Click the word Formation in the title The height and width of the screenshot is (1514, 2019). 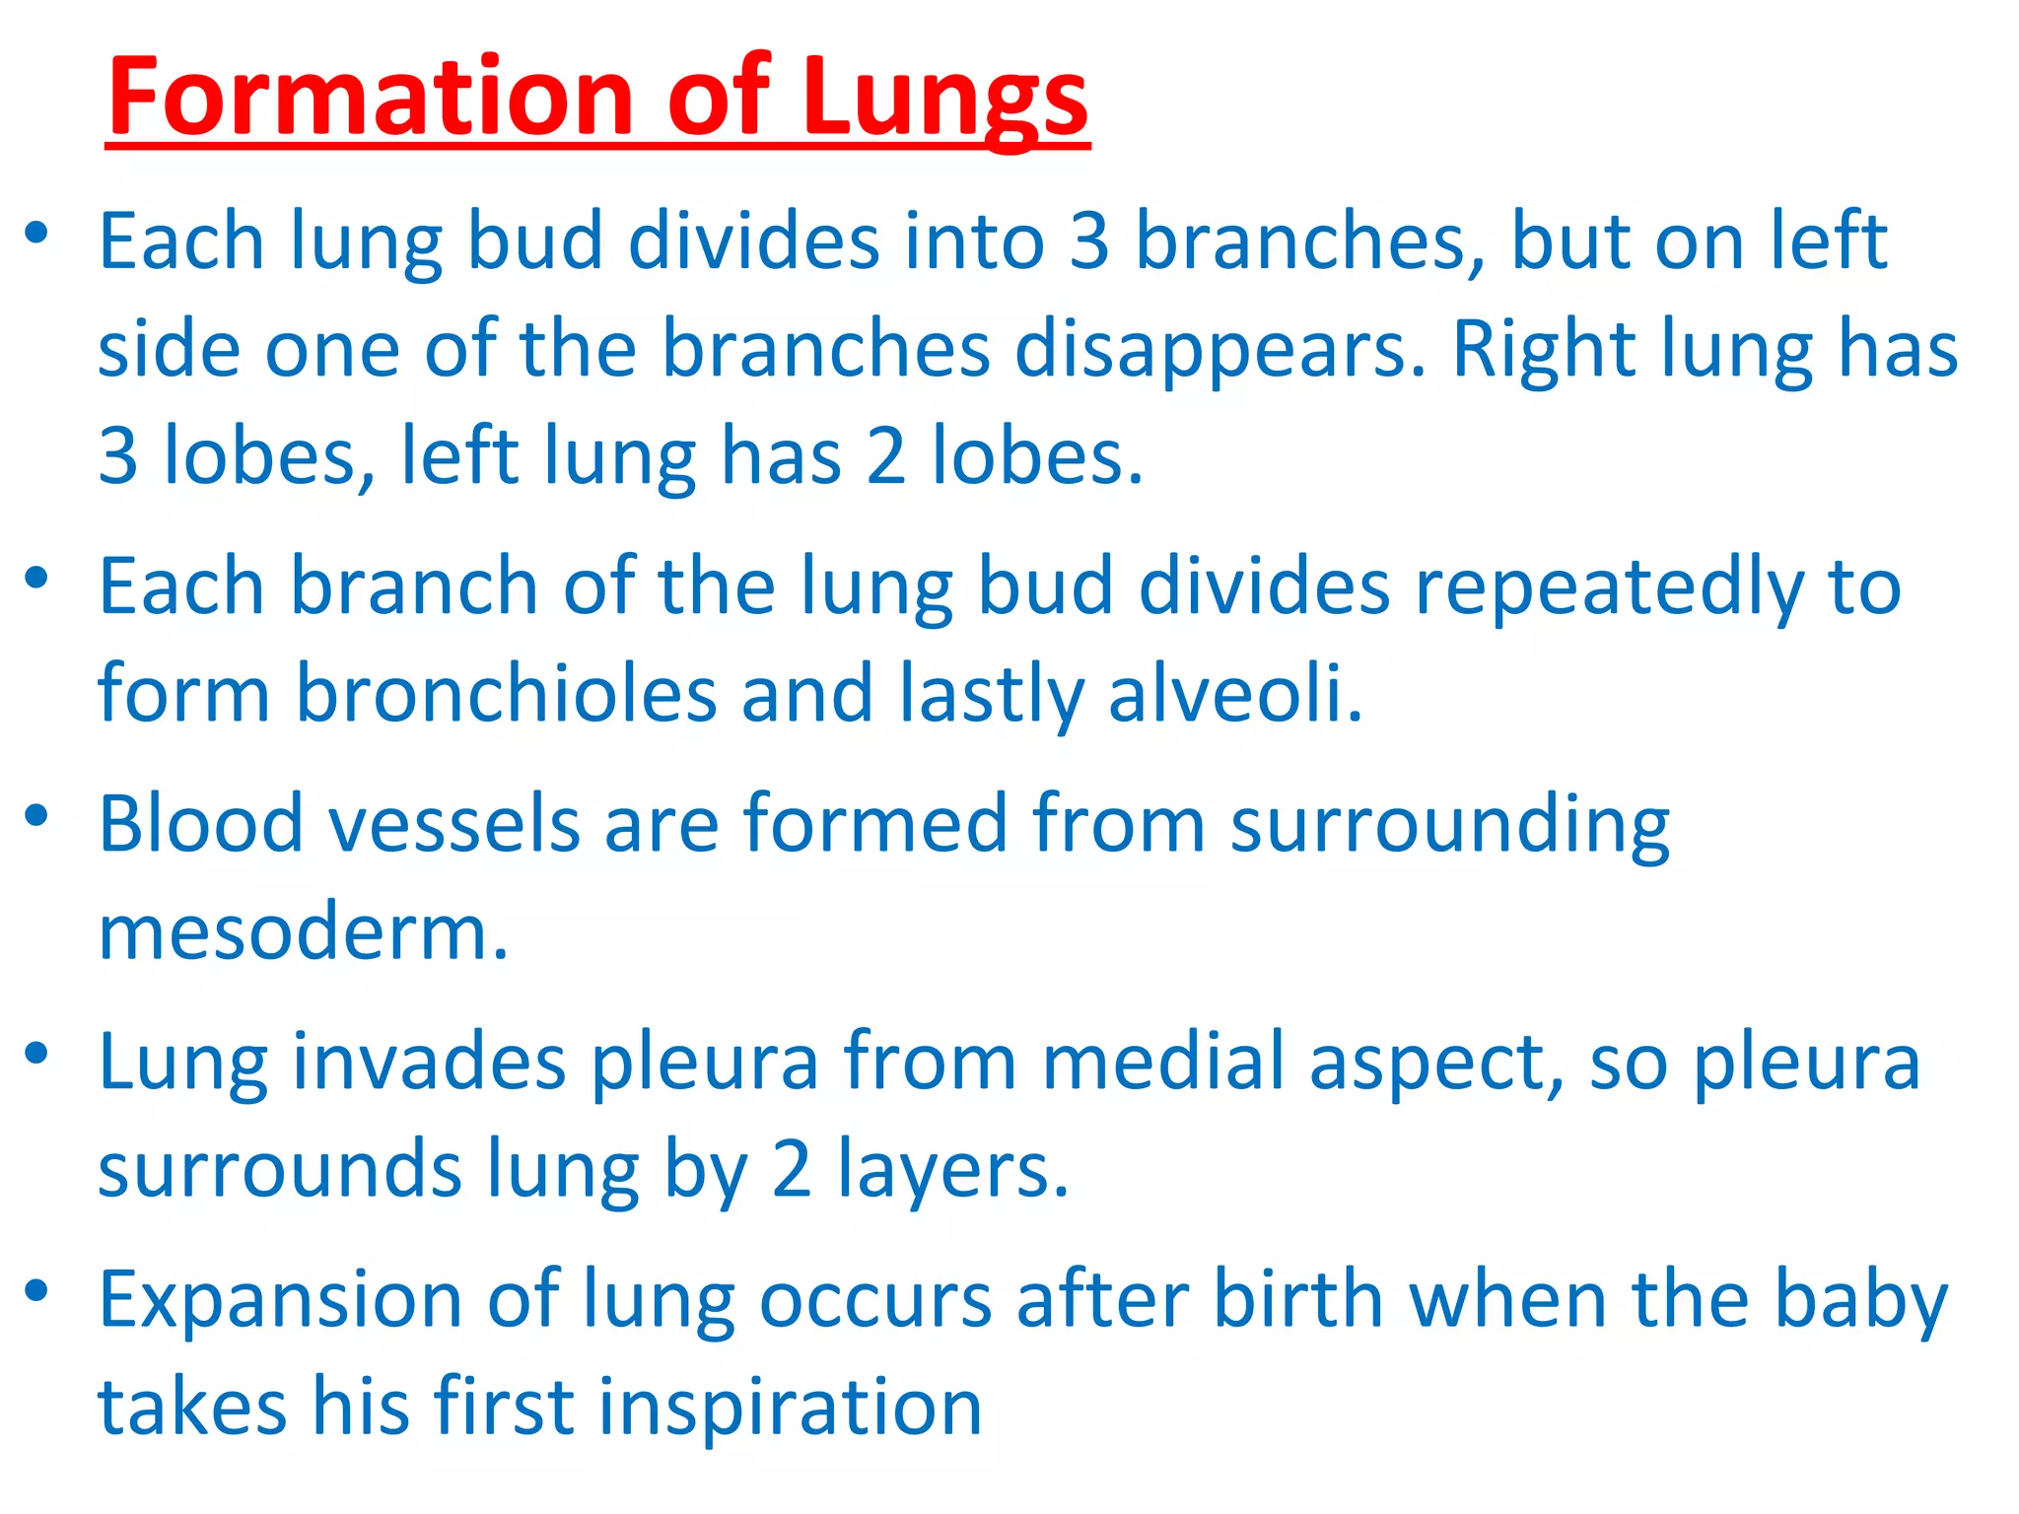click(370, 99)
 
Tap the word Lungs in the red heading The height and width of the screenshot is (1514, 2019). click(944, 99)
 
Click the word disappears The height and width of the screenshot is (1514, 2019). click(1219, 350)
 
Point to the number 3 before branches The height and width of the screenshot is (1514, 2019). click(1089, 241)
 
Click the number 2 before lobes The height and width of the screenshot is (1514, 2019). click(886, 455)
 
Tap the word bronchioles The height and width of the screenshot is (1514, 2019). click(506, 694)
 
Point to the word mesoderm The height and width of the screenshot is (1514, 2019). click(303, 932)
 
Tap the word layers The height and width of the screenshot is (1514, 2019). click(952, 1171)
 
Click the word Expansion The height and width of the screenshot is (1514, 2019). click(280, 1300)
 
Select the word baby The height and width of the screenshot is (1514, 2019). click(1861, 1300)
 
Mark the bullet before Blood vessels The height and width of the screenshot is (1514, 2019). click(37, 816)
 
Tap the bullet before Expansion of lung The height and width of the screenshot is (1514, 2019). click(37, 1291)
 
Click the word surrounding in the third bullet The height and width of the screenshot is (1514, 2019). click(1449, 824)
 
